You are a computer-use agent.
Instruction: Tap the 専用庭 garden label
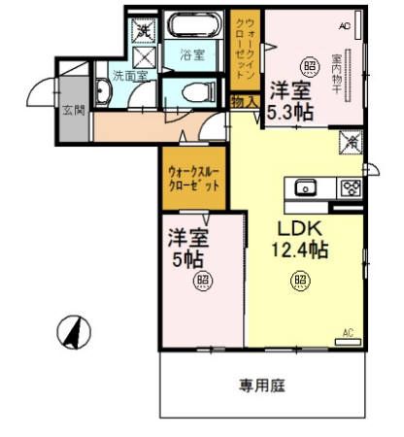coord(262,385)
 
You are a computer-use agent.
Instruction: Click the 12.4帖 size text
coord(298,250)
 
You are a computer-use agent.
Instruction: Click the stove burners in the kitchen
coord(350,187)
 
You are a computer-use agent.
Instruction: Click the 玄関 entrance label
coord(74,110)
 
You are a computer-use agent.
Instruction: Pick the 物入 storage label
coord(244,98)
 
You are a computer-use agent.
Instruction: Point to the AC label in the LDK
coord(349,333)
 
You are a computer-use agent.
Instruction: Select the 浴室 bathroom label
coord(192,55)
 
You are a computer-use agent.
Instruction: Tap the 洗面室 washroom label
coord(127,74)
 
